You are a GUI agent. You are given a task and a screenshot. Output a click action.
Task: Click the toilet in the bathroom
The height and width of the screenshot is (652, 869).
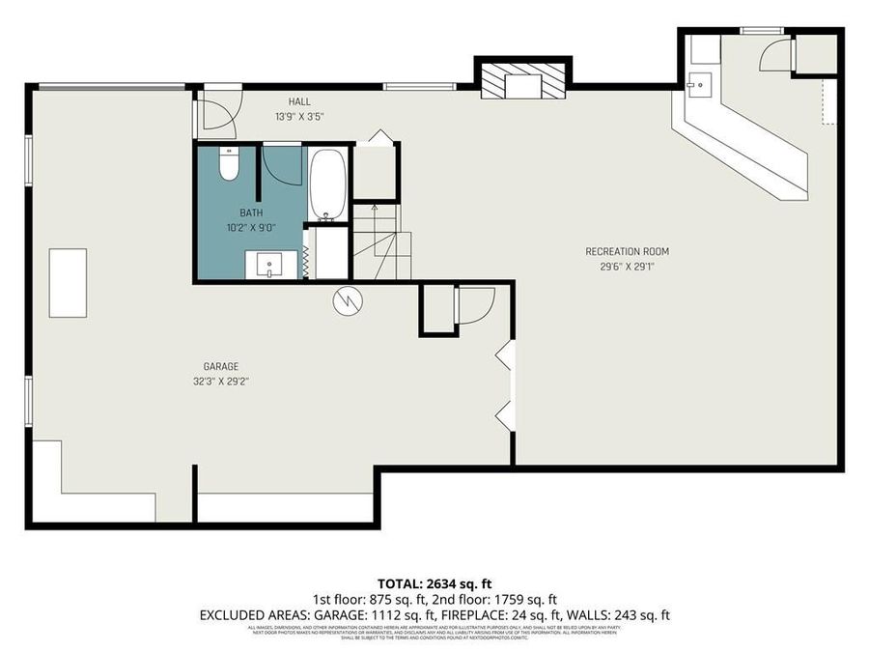coord(229,167)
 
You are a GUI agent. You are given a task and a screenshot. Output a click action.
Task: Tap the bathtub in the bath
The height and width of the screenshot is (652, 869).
coord(326,184)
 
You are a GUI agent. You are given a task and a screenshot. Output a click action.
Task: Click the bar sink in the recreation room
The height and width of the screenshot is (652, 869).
coord(697,84)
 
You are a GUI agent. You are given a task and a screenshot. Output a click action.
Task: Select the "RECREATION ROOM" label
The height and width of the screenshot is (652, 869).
coord(627,252)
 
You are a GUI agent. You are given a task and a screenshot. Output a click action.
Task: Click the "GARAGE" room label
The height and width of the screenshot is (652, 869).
coord(220,366)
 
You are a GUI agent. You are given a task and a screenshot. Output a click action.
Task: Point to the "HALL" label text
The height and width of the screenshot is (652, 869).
coord(298,101)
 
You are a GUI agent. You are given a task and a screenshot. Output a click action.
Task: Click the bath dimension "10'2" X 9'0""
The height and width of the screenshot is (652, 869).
coord(251,228)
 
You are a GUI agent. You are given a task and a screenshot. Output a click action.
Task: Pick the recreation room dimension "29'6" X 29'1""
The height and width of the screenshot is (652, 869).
coord(627,267)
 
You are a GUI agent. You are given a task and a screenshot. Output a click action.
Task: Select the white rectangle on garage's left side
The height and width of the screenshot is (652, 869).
coord(69,282)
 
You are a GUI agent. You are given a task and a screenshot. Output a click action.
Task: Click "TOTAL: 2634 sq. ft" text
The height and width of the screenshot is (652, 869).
coord(434,583)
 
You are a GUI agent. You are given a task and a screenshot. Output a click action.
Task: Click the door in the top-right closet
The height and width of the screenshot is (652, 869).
coord(775,55)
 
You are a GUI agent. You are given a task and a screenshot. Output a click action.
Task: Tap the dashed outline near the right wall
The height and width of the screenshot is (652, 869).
coord(827,101)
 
